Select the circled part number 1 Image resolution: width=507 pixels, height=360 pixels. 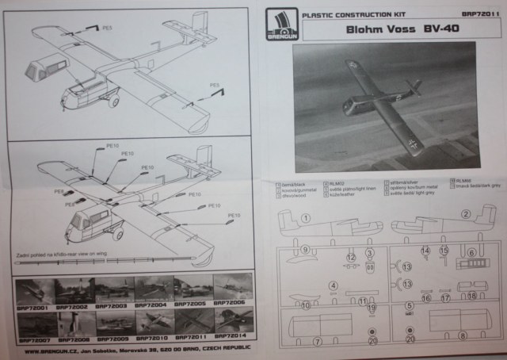point(305,217)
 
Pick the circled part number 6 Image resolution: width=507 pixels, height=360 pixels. point(471,254)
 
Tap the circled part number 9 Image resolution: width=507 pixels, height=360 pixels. point(305,249)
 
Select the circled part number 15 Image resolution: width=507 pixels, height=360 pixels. point(444,252)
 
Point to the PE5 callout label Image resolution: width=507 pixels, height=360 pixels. point(213,85)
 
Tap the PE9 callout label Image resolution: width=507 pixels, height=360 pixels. point(59,191)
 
